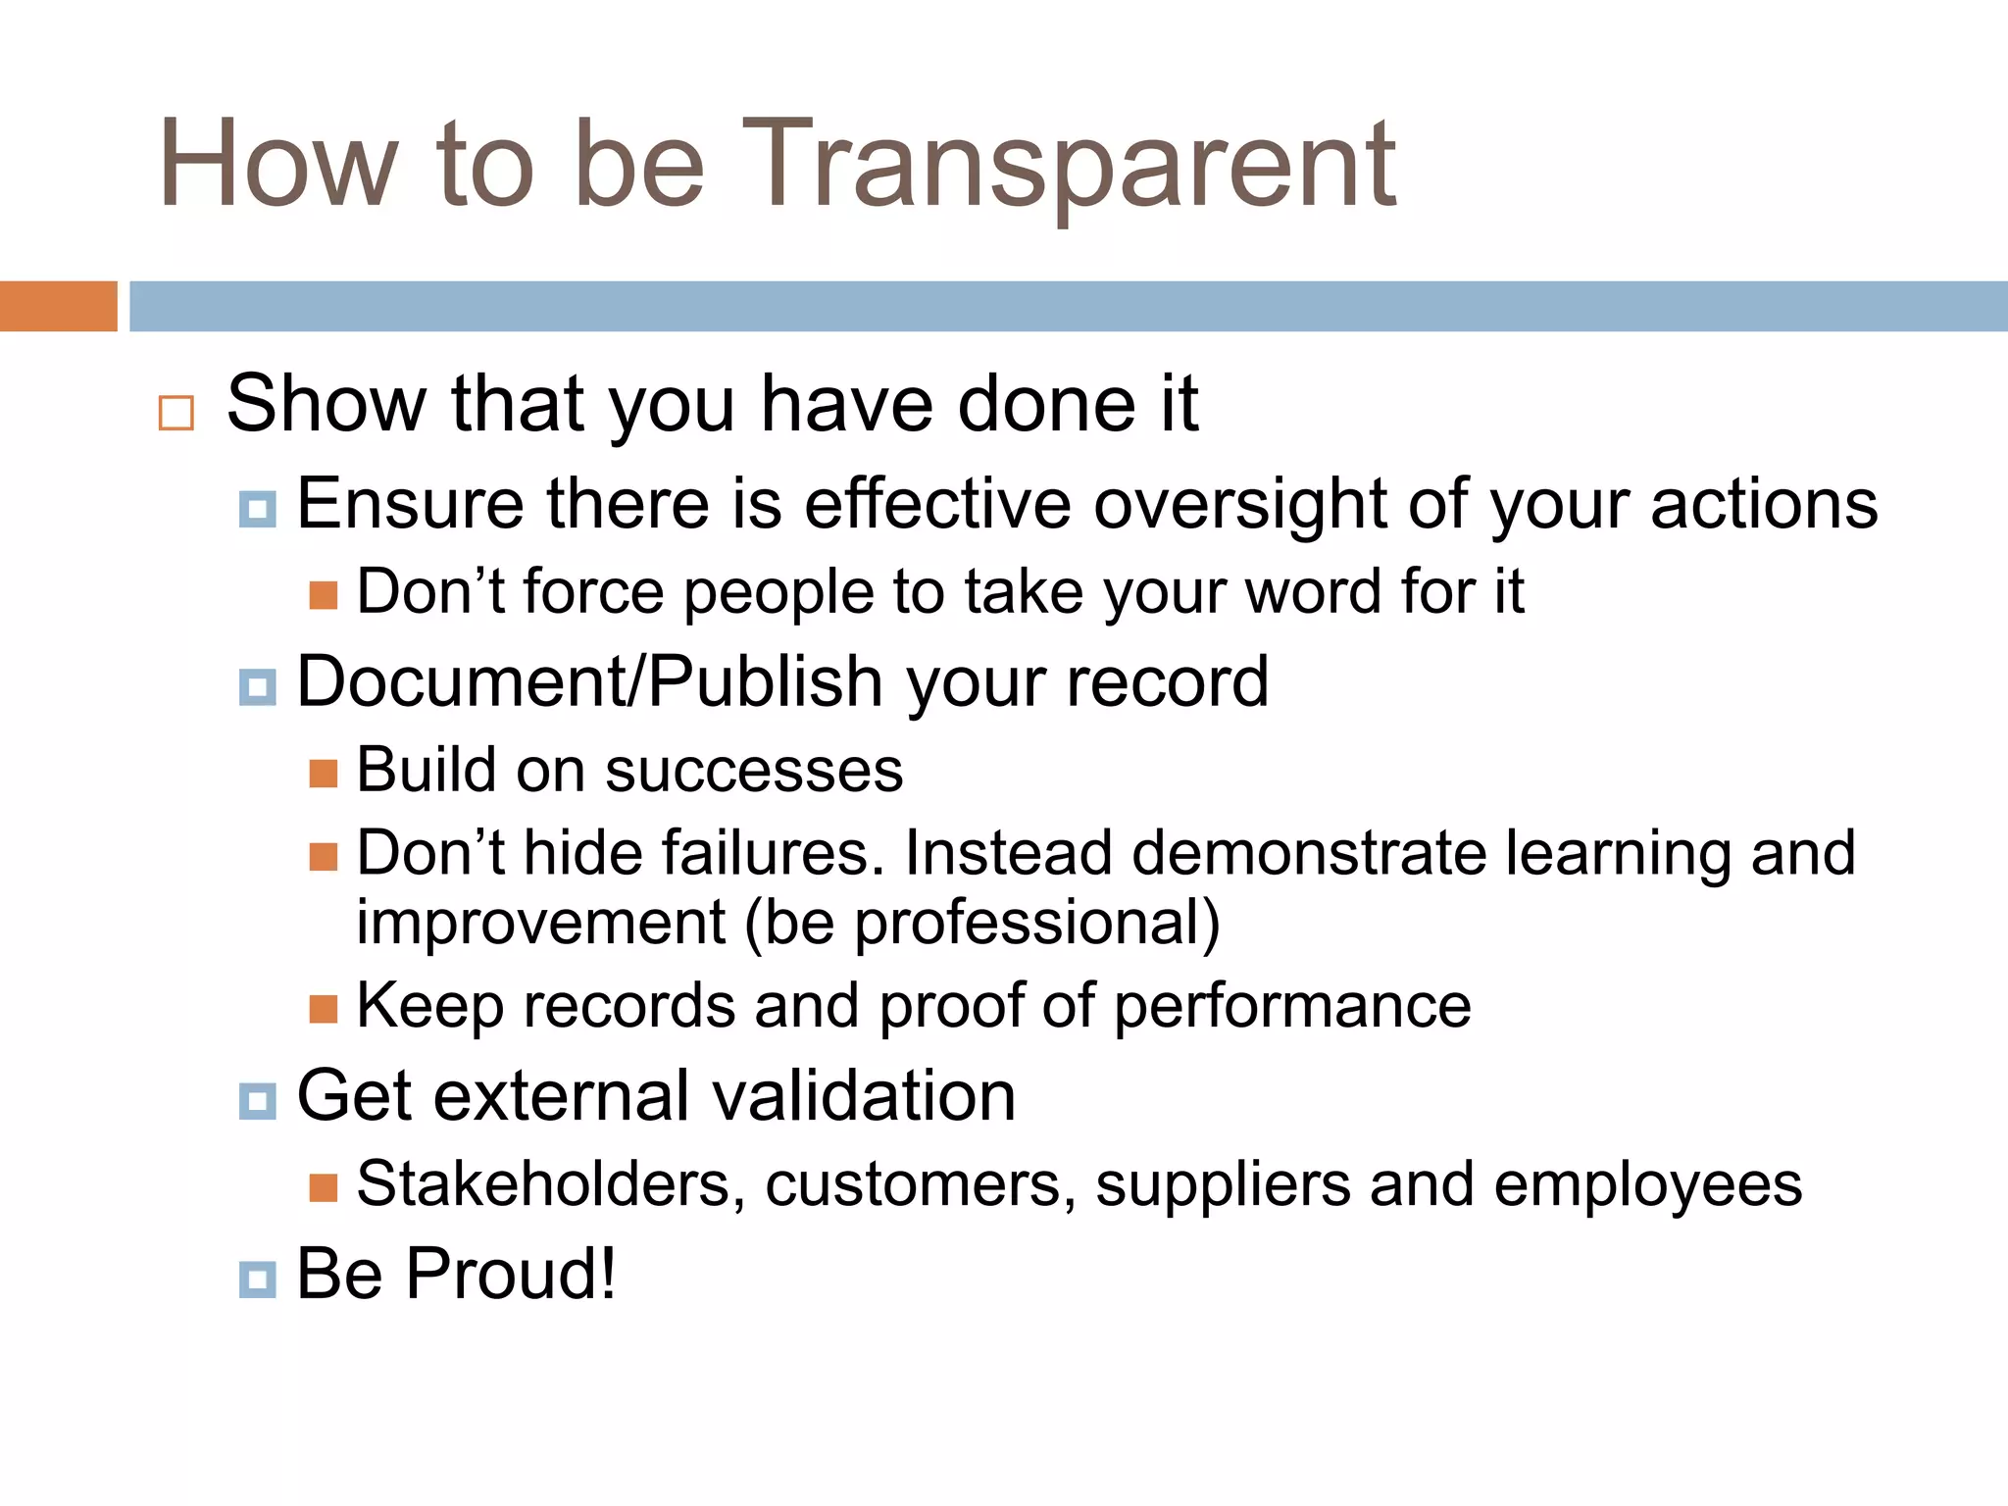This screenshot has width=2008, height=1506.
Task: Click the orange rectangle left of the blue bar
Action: [x=58, y=306]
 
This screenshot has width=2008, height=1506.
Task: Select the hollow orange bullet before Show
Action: [x=176, y=413]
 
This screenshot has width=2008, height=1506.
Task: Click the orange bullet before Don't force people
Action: [x=324, y=595]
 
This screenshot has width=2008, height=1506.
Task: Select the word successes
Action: [x=753, y=771]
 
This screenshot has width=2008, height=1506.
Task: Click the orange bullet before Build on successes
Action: [x=324, y=774]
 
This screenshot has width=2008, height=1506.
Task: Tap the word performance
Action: [x=1292, y=1007]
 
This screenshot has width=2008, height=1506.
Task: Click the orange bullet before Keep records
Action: [x=324, y=1009]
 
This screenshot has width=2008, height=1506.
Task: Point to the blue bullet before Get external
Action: [x=257, y=1101]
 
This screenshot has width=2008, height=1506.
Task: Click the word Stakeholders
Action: [x=544, y=1184]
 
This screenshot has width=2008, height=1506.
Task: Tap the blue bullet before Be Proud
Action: [x=257, y=1280]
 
